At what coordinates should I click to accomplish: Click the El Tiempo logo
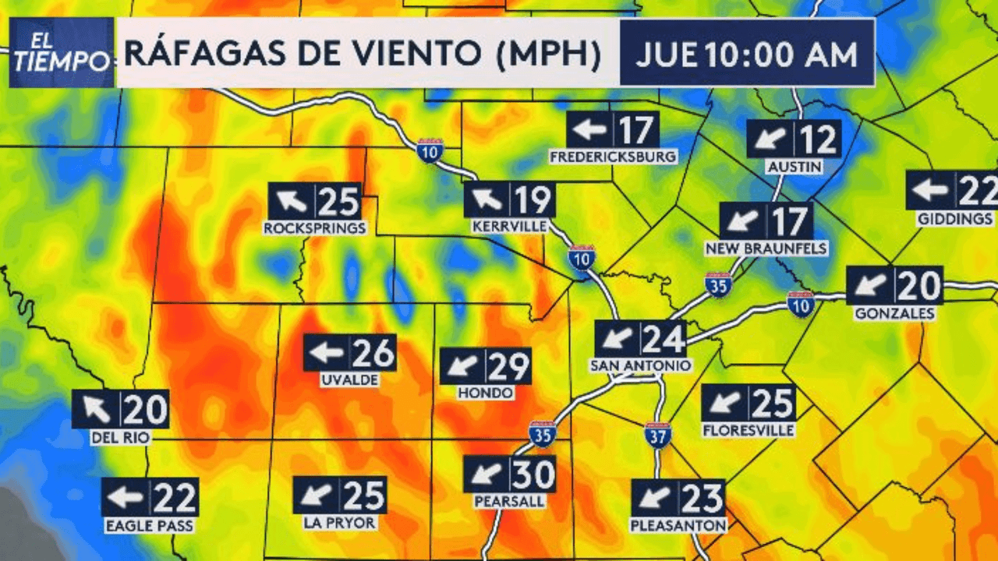tap(62, 52)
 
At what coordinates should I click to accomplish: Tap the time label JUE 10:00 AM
tap(746, 55)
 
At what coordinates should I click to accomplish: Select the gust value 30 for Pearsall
tap(533, 474)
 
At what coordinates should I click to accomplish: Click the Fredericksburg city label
tap(613, 157)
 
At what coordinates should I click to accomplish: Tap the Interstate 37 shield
tap(658, 435)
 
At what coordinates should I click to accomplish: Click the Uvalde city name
tap(349, 380)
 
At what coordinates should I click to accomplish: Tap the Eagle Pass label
tap(150, 526)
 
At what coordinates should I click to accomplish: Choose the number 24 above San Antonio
tap(664, 339)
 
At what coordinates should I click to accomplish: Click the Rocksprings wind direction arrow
tap(292, 202)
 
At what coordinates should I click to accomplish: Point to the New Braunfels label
tap(766, 249)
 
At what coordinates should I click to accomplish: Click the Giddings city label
tap(955, 219)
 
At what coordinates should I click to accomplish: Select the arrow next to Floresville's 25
tap(725, 404)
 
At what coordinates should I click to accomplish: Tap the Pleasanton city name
tap(678, 525)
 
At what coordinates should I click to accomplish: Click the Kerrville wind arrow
tap(487, 199)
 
